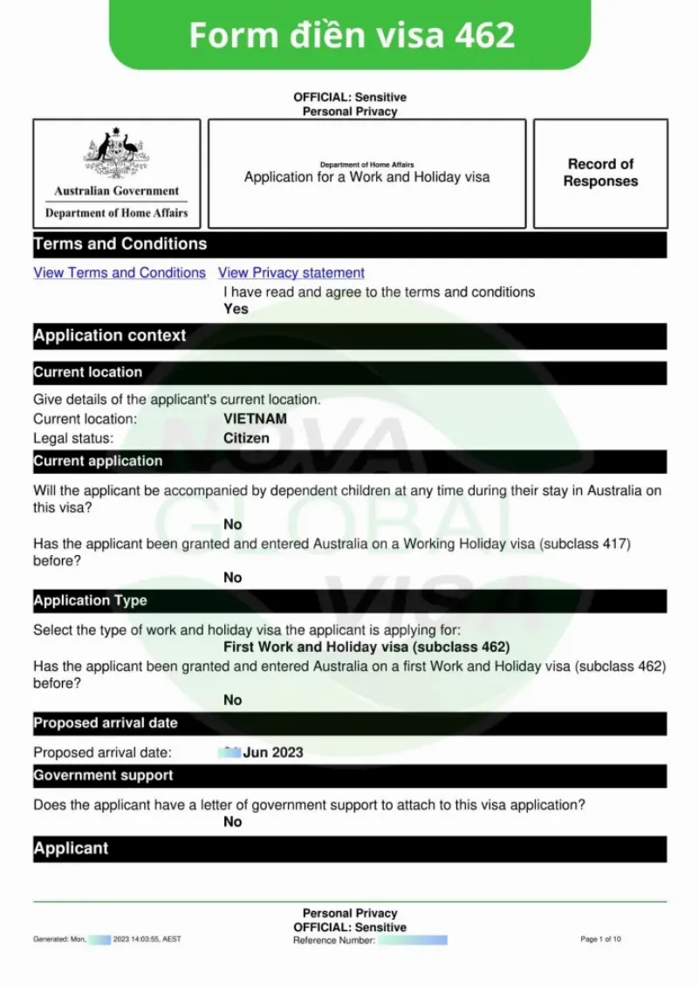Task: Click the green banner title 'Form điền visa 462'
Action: coord(351,35)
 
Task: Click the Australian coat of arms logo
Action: coord(116,154)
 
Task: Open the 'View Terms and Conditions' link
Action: coord(120,272)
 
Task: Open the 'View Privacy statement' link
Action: coord(291,272)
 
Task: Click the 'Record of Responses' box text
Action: coord(600,173)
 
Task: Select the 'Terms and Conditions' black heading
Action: coord(120,244)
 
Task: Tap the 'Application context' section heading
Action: coord(110,336)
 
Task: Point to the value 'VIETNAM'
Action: coord(255,419)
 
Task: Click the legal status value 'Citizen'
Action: coord(246,438)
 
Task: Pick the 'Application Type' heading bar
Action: coord(91,601)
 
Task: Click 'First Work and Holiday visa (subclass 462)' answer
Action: coord(366,648)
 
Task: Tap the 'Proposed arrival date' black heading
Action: coord(106,723)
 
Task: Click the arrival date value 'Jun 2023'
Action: coord(273,752)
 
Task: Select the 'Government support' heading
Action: coord(104,776)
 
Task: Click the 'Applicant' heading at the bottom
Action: coord(72,848)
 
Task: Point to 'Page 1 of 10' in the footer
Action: coord(600,939)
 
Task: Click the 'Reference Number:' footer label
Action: coord(334,940)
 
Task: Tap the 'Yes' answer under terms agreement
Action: coord(236,309)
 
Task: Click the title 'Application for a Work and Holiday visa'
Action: coord(366,177)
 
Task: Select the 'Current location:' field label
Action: coord(86,419)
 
